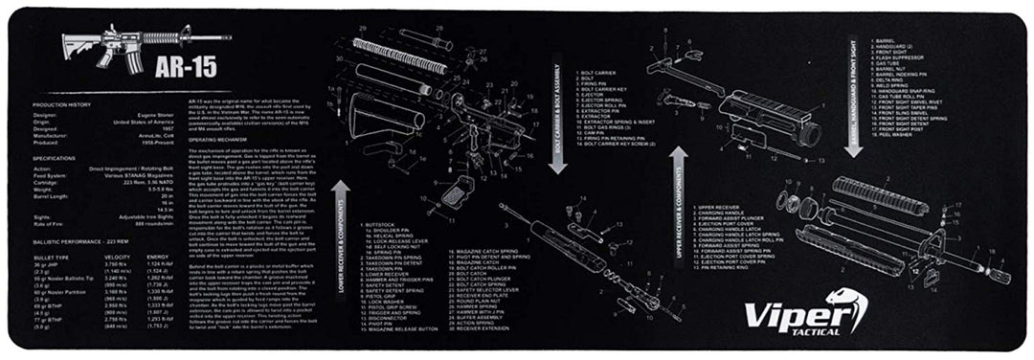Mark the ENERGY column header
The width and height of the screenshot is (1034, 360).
coord(159,257)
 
